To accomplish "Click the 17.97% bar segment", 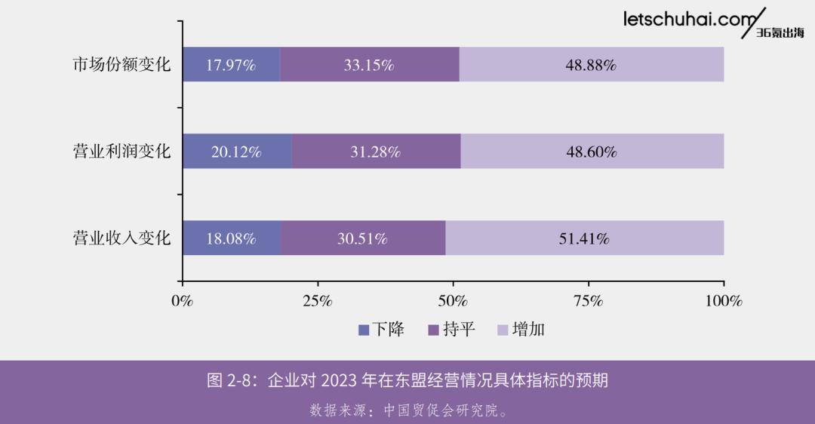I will click(x=231, y=65).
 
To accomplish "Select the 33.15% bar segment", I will click(x=369, y=65).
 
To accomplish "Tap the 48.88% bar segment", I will click(x=592, y=65).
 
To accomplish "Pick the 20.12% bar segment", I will click(x=236, y=152).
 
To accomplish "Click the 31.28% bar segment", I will click(x=375, y=152).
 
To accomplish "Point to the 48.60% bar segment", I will click(x=592, y=152).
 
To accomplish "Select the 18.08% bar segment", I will click(x=231, y=238).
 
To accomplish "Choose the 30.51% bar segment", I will click(x=362, y=238).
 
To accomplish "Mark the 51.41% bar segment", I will click(x=584, y=238).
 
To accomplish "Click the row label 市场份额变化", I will click(x=121, y=65).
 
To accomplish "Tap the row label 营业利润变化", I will click(x=121, y=152).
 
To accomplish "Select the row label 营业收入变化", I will click(x=121, y=238).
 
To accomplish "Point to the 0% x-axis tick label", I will click(x=183, y=300).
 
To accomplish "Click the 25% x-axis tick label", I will click(x=318, y=300).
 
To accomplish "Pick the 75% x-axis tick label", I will click(x=589, y=300).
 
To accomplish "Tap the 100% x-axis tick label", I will click(x=724, y=300).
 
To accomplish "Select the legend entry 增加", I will click(x=521, y=330).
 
